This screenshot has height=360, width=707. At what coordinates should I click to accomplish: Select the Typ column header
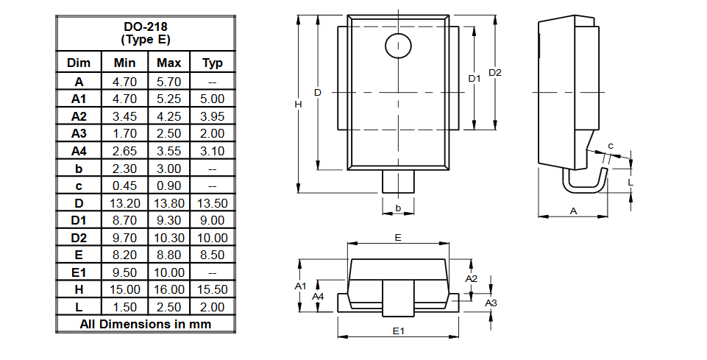[213, 63]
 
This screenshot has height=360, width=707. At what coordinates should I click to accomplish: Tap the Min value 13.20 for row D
[125, 202]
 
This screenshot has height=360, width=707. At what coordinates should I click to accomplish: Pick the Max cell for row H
[168, 289]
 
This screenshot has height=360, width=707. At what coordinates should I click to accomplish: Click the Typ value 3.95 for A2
[213, 116]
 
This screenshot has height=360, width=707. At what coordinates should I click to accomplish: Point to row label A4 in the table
[79, 150]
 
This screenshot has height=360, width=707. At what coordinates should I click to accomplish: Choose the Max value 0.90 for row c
[168, 186]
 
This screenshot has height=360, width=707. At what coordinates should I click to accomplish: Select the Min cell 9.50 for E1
[125, 272]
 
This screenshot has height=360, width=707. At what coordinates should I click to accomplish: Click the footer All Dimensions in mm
[145, 324]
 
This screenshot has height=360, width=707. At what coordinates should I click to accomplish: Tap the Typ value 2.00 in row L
[213, 307]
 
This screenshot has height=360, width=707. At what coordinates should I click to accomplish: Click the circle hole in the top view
[398, 46]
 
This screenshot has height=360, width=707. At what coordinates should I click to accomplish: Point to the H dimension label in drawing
[298, 105]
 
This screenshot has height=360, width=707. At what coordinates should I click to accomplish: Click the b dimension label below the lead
[398, 208]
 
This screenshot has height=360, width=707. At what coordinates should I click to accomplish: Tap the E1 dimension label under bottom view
[398, 331]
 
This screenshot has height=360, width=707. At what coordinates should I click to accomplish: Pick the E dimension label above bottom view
[398, 238]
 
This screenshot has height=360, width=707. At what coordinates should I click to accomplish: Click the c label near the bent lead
[611, 146]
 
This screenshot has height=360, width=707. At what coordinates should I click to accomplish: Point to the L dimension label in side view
[630, 180]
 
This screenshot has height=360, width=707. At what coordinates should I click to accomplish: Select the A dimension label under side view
[573, 211]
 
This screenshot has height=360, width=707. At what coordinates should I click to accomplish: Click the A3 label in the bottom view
[491, 303]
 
